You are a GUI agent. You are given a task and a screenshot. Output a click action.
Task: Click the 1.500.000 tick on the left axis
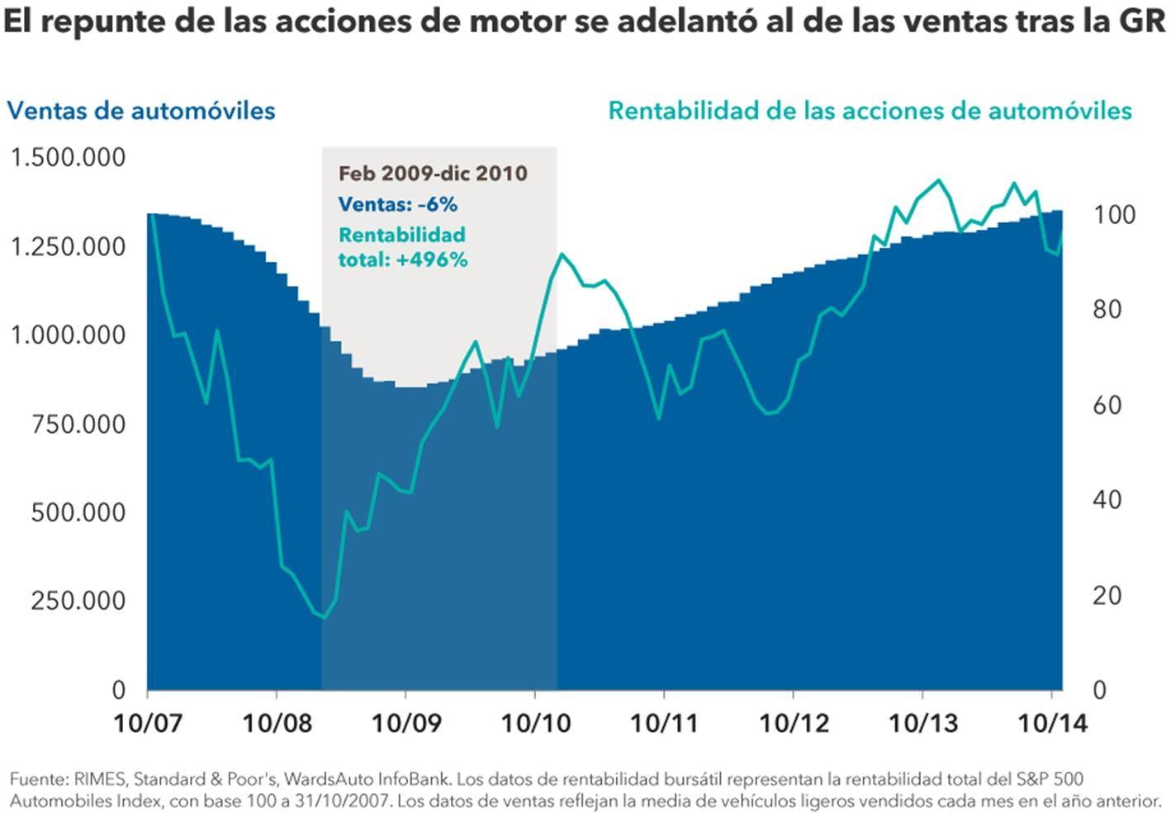[x=68, y=157]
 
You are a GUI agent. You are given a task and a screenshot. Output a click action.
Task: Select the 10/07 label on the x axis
[x=147, y=723]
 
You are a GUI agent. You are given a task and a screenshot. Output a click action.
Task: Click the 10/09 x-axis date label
[x=405, y=723]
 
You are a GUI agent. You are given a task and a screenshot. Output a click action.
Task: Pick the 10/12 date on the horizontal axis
[x=794, y=723]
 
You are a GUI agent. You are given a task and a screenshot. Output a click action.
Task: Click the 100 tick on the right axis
[x=1114, y=215]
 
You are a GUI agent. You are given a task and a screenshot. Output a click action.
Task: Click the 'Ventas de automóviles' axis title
[x=141, y=111]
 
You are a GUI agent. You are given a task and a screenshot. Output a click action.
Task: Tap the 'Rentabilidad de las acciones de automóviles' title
[x=870, y=111]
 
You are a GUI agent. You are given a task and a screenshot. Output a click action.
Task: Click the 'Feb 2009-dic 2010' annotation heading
[x=433, y=174]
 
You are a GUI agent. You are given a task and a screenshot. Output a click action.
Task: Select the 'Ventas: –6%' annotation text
[x=397, y=204]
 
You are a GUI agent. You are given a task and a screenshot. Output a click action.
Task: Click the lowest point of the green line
[x=324, y=617]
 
